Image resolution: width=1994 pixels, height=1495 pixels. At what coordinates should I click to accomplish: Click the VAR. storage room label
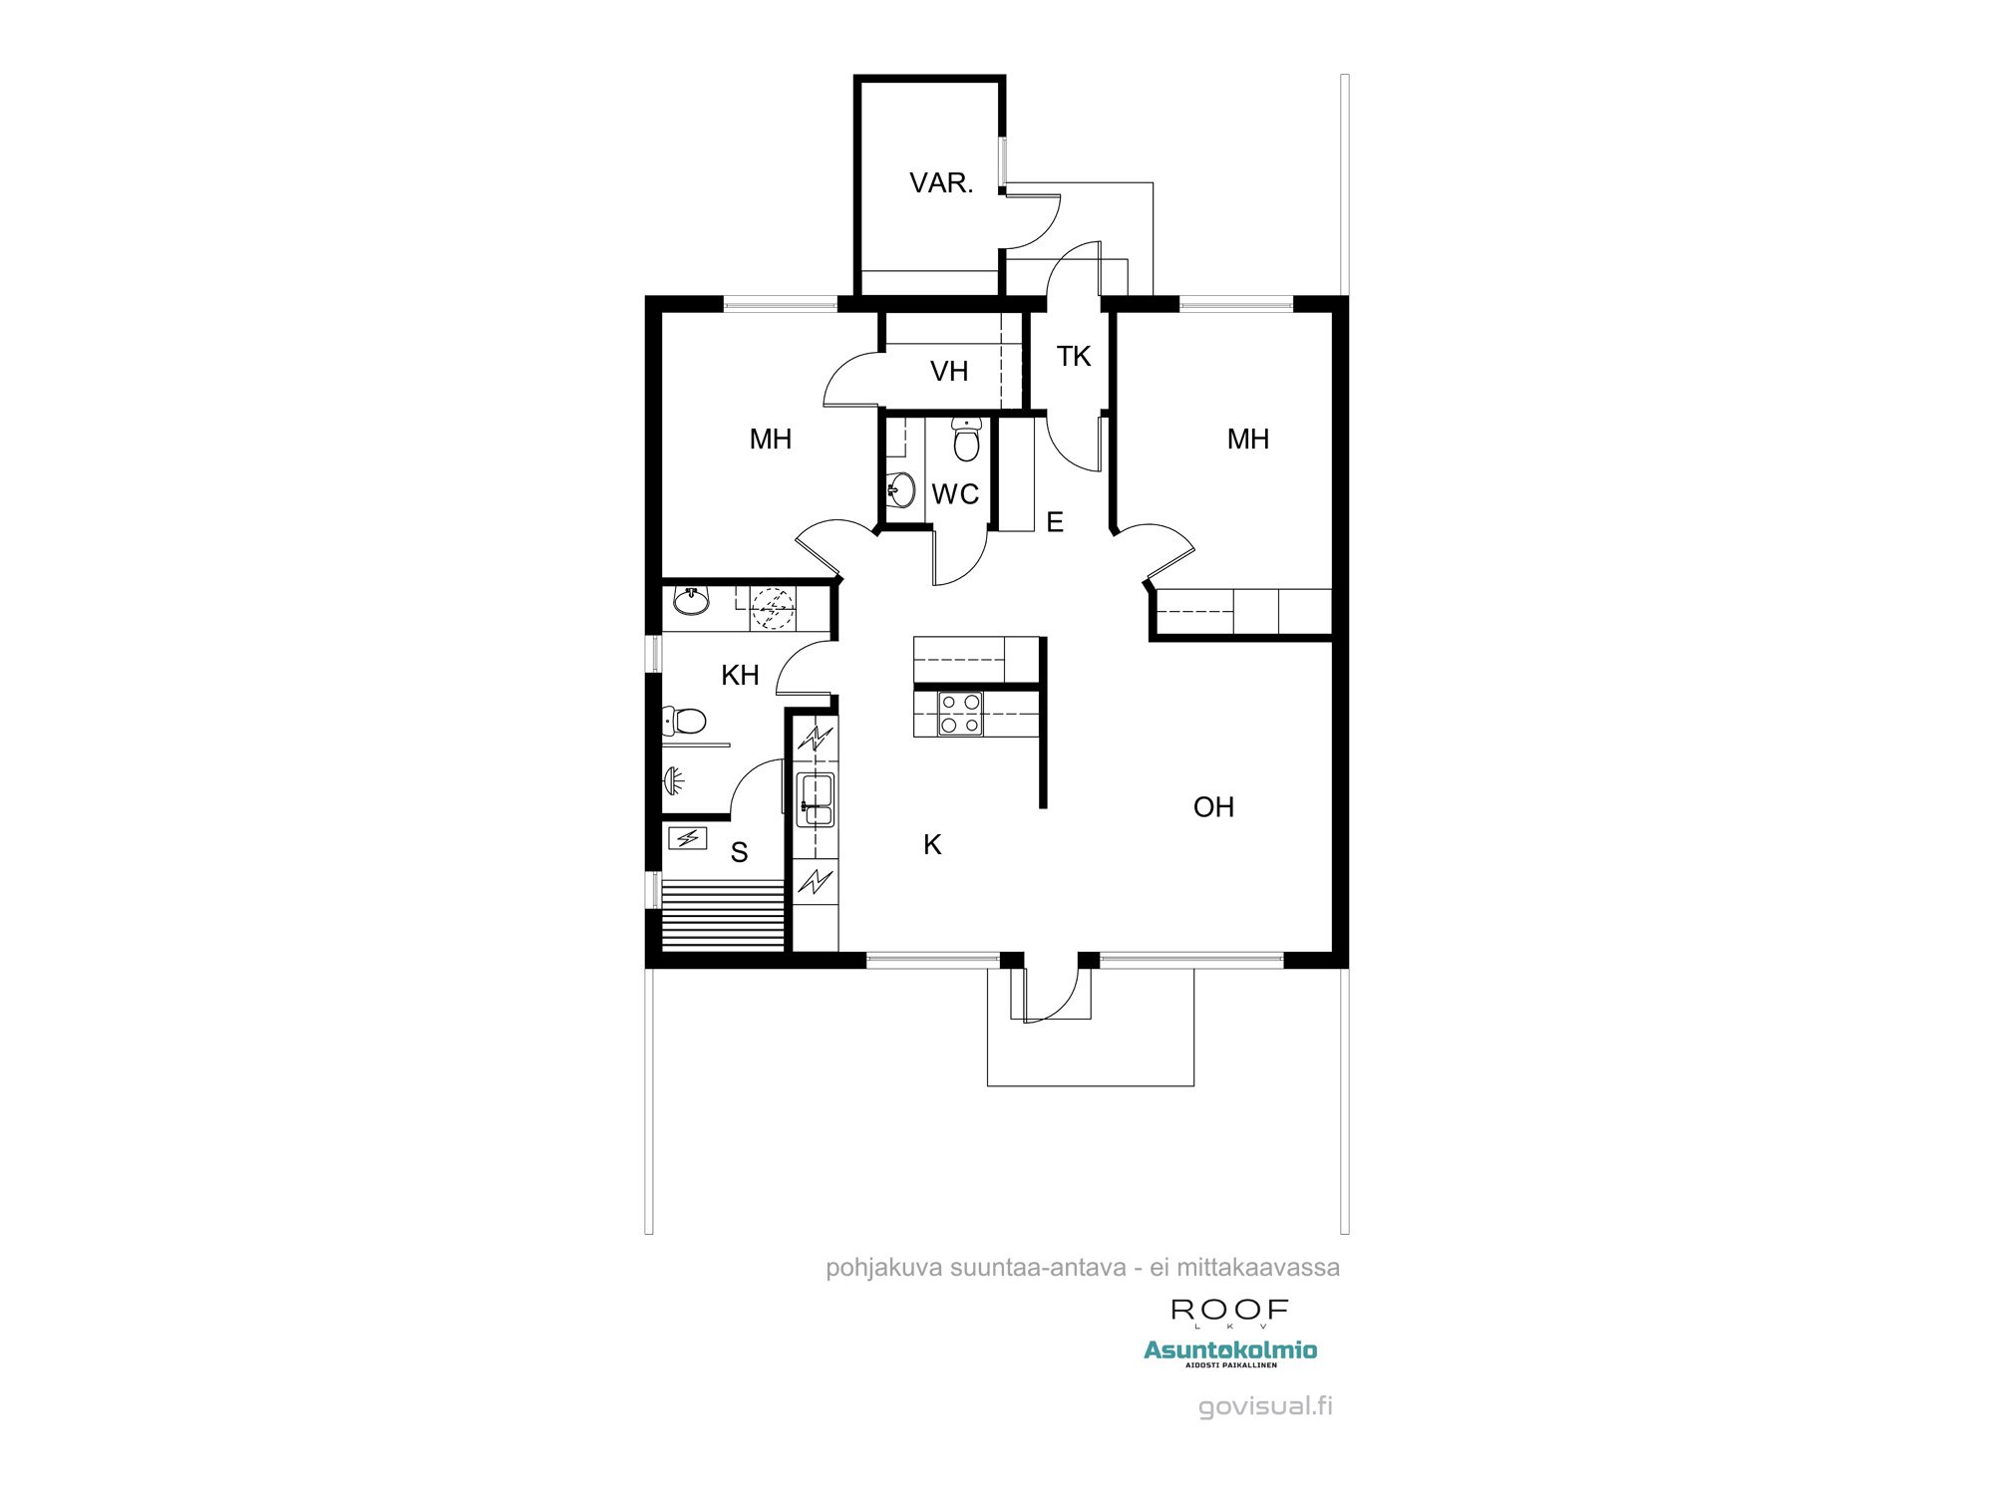[940, 183]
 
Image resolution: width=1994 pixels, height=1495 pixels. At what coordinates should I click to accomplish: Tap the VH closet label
[948, 372]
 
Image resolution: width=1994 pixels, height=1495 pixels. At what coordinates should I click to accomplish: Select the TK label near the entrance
[1073, 357]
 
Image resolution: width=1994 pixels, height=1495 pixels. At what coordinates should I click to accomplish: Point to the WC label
[954, 494]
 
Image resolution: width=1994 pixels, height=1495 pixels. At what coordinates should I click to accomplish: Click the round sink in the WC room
[901, 489]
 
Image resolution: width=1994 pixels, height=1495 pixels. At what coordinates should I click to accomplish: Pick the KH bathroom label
[740, 676]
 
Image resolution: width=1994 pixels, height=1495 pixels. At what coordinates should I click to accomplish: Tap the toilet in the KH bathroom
[684, 720]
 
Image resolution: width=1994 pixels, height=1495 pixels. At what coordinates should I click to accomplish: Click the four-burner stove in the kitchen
[960, 714]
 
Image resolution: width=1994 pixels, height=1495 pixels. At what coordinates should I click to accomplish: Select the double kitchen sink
[816, 799]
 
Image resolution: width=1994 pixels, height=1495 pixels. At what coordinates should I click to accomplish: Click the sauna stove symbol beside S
[687, 838]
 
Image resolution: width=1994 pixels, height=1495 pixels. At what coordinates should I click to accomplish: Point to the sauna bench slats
[724, 914]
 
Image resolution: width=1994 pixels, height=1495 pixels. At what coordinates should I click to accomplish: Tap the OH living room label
[1213, 807]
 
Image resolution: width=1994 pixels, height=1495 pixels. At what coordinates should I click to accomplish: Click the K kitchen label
[932, 845]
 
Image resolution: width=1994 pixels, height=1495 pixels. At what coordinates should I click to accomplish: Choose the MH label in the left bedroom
[770, 440]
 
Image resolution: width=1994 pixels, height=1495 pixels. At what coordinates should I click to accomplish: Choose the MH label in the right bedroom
[1247, 440]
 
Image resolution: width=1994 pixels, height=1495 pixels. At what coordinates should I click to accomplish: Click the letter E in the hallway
[1055, 522]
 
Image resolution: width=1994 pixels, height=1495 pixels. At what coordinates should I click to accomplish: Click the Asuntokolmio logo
[1230, 1351]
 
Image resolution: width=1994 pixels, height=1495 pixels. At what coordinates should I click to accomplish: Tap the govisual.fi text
[1265, 1406]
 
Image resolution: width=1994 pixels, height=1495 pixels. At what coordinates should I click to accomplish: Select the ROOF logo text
[1229, 1310]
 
